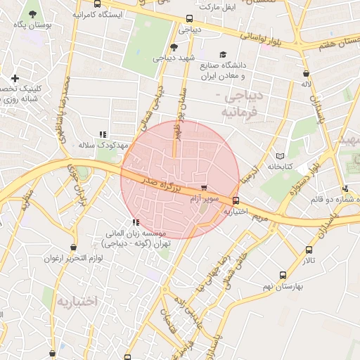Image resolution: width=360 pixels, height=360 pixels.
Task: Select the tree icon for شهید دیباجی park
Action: [x=174, y=46]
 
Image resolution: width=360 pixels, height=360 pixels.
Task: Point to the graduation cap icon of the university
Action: [x=223, y=55]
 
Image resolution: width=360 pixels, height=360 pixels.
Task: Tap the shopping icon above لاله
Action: [x=306, y=73]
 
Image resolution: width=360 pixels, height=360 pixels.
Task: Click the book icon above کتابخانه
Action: [x=280, y=155]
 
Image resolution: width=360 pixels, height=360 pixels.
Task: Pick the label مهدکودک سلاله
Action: [x=95, y=144]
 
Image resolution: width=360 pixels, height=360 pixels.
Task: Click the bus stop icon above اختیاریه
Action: [x=236, y=200]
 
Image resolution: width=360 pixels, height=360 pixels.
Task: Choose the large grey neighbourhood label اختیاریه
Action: [x=75, y=302]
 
